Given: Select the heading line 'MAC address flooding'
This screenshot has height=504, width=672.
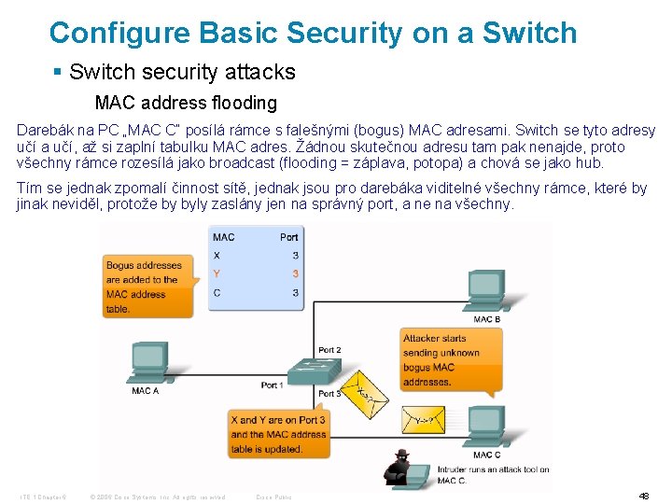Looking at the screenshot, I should (186, 103).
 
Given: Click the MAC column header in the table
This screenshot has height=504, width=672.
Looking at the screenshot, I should (224, 237).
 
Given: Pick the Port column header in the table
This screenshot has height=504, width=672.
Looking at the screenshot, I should (288, 237).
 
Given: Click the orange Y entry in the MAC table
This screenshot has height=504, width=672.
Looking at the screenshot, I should (217, 273).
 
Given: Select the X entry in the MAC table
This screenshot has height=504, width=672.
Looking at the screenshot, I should (217, 255).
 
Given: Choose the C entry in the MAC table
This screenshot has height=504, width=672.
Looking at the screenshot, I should (217, 292).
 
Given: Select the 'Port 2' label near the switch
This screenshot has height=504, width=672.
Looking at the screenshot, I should (329, 350).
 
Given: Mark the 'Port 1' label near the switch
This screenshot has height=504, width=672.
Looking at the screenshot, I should (272, 385).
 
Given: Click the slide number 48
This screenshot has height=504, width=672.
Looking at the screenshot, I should (643, 496).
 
